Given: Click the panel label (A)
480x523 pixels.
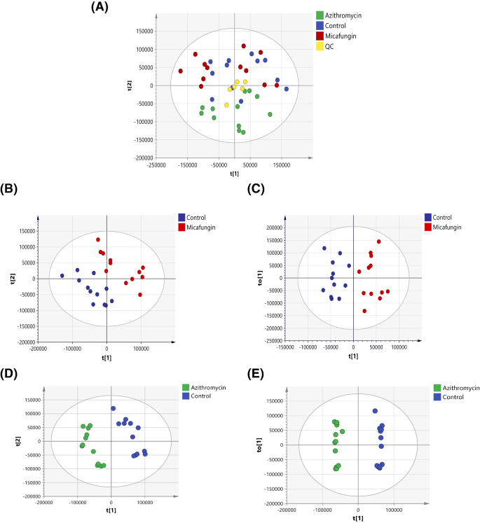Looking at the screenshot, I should tap(101, 8).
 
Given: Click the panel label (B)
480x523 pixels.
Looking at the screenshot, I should tap(12, 188).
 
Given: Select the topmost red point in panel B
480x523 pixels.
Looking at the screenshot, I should tap(99, 240).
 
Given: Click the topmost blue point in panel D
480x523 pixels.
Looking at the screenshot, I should tap(113, 408).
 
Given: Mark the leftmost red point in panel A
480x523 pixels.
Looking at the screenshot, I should tap(180, 71).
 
